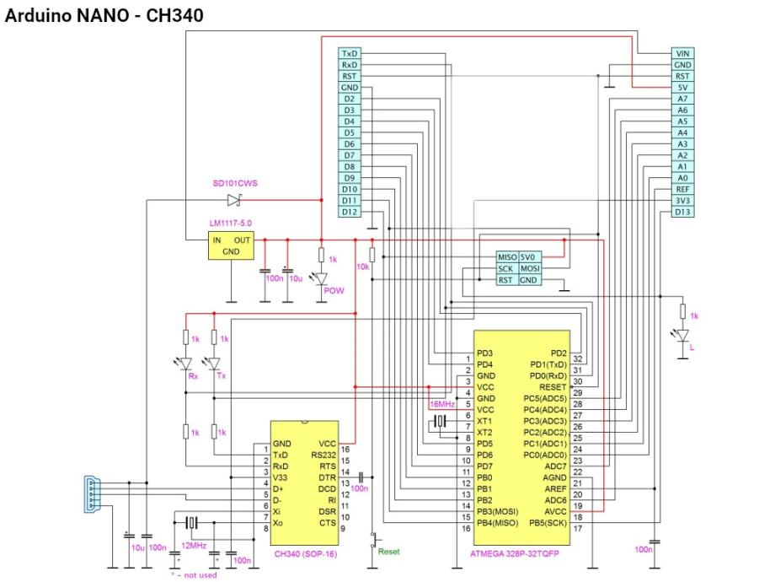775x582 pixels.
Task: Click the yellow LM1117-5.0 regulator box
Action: (x=230, y=245)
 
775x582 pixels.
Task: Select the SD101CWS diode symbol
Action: (x=233, y=200)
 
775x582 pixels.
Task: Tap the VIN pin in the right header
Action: (x=682, y=53)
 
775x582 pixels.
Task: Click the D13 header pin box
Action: (x=682, y=213)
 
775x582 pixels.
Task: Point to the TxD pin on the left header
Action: (x=350, y=53)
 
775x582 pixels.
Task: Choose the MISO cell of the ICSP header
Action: (x=506, y=257)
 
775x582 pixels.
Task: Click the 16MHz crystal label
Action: (x=441, y=405)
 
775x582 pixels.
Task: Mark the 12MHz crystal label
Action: (x=194, y=546)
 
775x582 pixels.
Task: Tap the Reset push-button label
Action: (x=388, y=552)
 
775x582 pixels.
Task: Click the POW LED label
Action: (x=334, y=290)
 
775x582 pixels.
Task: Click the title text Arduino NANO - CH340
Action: (x=104, y=16)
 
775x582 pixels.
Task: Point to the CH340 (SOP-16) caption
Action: (x=304, y=553)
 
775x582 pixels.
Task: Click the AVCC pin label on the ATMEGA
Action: (x=553, y=510)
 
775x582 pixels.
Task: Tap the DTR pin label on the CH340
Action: (x=328, y=477)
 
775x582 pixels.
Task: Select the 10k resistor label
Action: (x=363, y=266)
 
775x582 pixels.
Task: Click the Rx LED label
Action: (x=193, y=375)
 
